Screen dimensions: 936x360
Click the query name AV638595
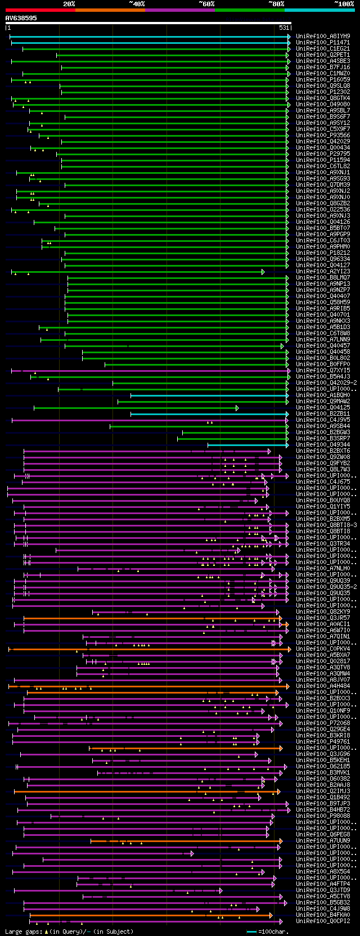[x=21, y=18]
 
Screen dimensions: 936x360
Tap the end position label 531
[x=284, y=28]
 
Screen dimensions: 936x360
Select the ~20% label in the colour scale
[x=69, y=3]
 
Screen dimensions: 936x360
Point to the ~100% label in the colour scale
[x=344, y=3]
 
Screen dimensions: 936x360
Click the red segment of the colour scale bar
[x=40, y=10]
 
